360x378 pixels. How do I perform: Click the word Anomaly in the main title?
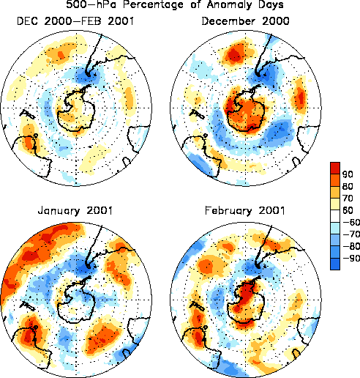(230, 4)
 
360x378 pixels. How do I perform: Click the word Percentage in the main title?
(153, 4)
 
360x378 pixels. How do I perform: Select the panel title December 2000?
(245, 21)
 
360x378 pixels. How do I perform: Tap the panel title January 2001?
(75, 211)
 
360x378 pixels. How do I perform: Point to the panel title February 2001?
(245, 211)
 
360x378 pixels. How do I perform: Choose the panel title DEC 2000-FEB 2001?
(75, 21)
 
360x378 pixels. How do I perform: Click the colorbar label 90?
(348, 174)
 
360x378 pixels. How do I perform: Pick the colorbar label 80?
(348, 186)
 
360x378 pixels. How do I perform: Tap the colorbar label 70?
(348, 199)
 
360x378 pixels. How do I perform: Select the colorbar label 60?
(348, 210)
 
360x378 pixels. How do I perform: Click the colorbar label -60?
(351, 222)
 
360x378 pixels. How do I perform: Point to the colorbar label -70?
(351, 234)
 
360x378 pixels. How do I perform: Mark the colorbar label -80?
(351, 246)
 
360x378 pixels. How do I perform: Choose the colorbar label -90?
(351, 258)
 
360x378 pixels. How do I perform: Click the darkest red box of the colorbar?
(335, 168)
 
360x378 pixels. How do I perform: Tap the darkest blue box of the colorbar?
(335, 264)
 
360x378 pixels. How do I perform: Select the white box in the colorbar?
(335, 216)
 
